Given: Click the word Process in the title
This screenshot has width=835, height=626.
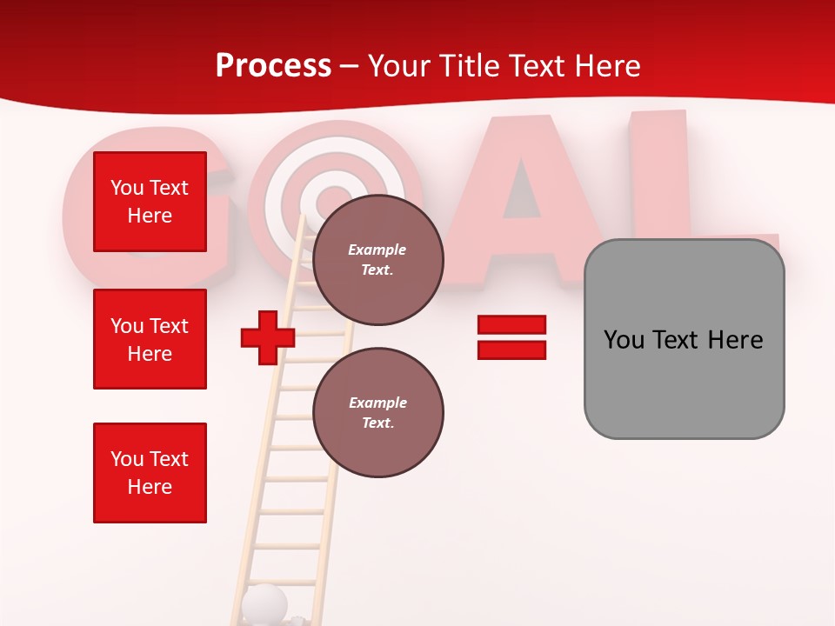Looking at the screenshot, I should [x=273, y=66].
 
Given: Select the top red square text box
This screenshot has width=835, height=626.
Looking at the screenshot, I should [x=150, y=202].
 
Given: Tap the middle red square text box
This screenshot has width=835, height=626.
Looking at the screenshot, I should [x=150, y=339].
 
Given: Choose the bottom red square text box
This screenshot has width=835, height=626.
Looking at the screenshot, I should [x=150, y=473].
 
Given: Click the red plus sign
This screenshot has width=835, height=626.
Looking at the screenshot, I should [x=268, y=338].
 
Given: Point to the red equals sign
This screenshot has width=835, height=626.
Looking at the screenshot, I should [x=511, y=338].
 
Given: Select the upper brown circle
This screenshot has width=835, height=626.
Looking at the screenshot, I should [x=377, y=260].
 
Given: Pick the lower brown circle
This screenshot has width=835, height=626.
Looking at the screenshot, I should [x=377, y=413].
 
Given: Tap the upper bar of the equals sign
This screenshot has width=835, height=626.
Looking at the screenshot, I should [x=511, y=325].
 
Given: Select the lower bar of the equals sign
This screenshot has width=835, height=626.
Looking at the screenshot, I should [x=511, y=350].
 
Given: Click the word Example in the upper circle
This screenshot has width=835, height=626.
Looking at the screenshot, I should [x=377, y=250].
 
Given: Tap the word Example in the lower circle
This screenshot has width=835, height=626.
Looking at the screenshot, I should [x=377, y=403].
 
